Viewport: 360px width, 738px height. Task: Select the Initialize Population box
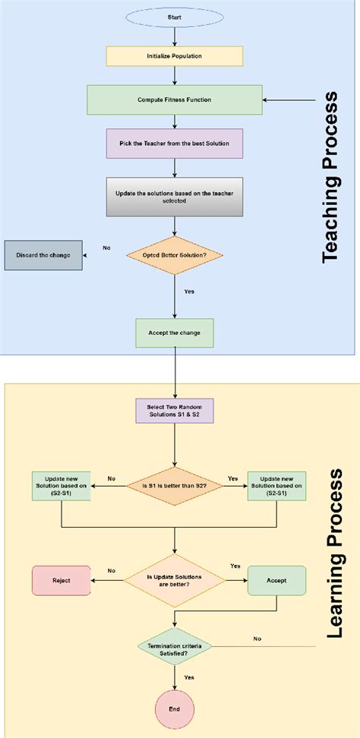(175, 56)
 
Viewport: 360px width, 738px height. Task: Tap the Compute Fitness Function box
(175, 99)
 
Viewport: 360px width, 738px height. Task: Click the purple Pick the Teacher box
(175, 143)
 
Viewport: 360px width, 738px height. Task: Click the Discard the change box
(43, 255)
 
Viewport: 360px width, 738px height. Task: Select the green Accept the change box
(175, 332)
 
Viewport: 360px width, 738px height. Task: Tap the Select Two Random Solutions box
(175, 411)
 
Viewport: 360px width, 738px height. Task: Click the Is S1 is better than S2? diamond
(175, 487)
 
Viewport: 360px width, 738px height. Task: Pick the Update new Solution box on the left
(62, 487)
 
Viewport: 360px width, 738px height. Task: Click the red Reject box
(61, 580)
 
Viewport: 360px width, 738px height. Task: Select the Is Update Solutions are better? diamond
(175, 580)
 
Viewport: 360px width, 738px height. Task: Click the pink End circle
(175, 709)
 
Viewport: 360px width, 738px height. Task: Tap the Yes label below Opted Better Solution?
(189, 292)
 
